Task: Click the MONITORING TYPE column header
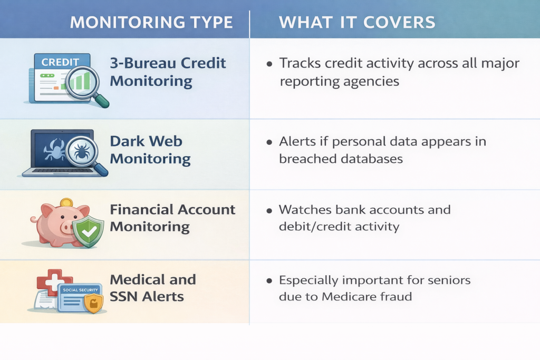pyautogui.click(x=151, y=22)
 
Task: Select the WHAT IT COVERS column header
pyautogui.click(x=357, y=22)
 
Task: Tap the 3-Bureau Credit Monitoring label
pyautogui.click(x=168, y=72)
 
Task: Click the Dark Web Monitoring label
pyautogui.click(x=150, y=150)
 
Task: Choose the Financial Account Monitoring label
pyautogui.click(x=172, y=218)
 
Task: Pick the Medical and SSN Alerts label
pyautogui.click(x=152, y=287)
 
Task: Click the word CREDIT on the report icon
pyautogui.click(x=60, y=62)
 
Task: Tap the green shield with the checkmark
pyautogui.click(x=88, y=231)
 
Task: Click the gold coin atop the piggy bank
pyautogui.click(x=66, y=202)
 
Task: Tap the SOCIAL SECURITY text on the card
pyautogui.click(x=76, y=290)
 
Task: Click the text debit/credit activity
pyautogui.click(x=339, y=227)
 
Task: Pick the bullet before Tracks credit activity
pyautogui.click(x=269, y=64)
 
